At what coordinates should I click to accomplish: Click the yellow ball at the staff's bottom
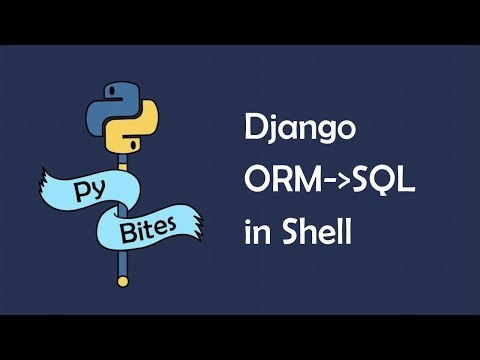[123, 282]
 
